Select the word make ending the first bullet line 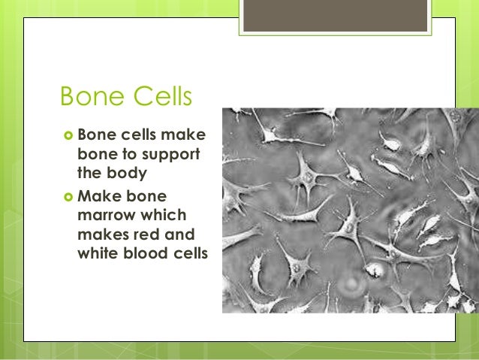point(188,135)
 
